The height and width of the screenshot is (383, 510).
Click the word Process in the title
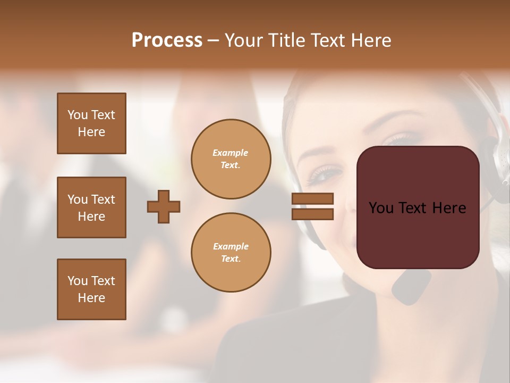point(167,40)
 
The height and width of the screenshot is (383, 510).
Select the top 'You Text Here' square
point(91,123)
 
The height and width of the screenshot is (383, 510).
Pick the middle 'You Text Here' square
point(91,207)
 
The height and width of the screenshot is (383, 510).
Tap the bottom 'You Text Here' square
point(91,289)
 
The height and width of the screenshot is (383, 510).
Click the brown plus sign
point(164,206)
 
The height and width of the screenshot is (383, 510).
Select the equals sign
point(312,206)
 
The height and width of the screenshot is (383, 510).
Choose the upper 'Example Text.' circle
point(231,159)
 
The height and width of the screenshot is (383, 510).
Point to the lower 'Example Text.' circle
point(231,253)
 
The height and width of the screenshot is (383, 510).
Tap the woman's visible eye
point(325,173)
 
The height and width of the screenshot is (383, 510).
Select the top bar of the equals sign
point(312,199)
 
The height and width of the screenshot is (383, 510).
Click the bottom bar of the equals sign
point(312,214)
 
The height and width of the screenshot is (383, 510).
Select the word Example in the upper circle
point(231,153)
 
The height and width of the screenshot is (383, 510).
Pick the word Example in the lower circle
point(231,246)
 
